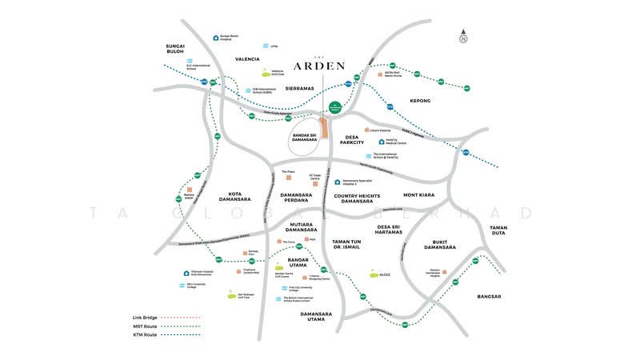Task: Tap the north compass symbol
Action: click(x=463, y=37)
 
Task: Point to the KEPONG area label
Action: click(x=420, y=101)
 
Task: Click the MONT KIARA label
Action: click(x=422, y=194)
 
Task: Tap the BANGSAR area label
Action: click(x=488, y=297)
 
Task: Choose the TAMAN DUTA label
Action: click(x=499, y=231)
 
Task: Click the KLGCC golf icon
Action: click(x=373, y=274)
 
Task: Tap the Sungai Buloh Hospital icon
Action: click(x=216, y=37)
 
